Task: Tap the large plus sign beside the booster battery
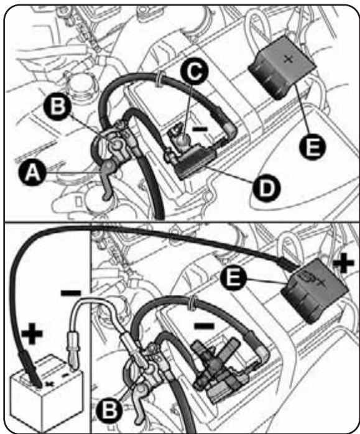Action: [x=33, y=335]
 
